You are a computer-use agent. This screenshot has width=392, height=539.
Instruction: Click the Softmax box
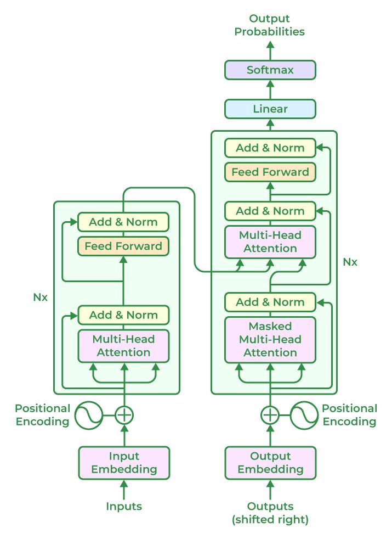click(270, 70)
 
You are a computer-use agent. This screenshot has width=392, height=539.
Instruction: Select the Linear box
click(270, 109)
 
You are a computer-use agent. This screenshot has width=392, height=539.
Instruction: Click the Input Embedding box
click(124, 463)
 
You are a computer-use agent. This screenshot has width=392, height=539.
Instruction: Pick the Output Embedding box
click(270, 463)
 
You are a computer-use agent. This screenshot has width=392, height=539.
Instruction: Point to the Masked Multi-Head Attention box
click(270, 340)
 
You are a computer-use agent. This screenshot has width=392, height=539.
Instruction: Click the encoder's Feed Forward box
click(123, 246)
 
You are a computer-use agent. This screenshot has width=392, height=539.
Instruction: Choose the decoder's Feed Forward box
click(270, 172)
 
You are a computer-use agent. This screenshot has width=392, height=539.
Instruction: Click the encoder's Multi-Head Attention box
click(123, 346)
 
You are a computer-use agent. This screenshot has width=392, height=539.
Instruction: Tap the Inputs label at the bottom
click(124, 506)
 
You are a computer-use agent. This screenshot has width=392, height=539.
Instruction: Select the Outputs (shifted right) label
click(270, 513)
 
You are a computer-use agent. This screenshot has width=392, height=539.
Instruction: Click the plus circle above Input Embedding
click(124, 415)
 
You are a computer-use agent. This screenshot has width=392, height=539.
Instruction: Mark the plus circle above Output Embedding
click(270, 415)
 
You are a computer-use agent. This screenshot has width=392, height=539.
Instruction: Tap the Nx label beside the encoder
click(41, 298)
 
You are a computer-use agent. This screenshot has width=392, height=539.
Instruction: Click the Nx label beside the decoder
click(350, 262)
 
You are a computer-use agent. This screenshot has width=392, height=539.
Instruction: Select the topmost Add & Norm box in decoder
click(270, 148)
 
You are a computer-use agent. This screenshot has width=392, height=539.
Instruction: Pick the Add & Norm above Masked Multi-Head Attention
click(270, 302)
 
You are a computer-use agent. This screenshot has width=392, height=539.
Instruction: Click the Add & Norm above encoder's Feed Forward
click(123, 222)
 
